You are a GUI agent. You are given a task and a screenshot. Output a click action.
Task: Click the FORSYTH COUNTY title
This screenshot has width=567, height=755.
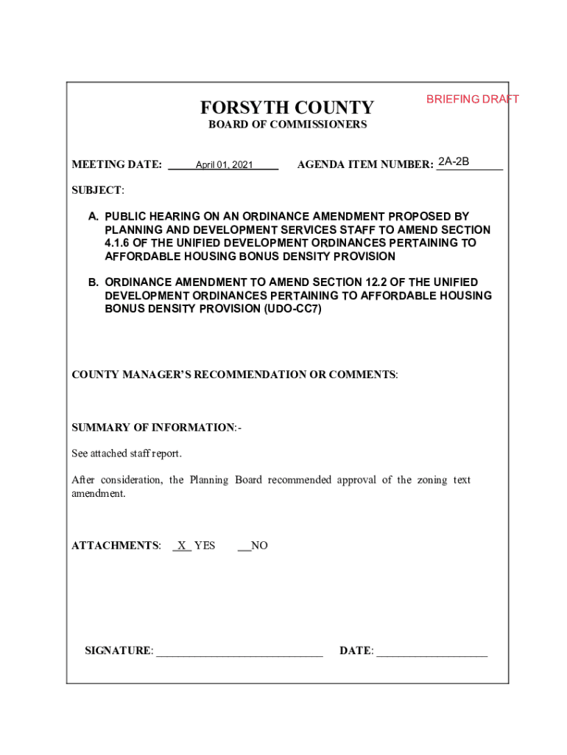pos(287,108)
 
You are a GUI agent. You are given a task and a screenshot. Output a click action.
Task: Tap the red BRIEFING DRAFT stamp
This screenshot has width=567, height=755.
pos(472,99)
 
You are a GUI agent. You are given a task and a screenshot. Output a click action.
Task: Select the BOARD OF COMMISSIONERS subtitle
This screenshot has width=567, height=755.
pos(287,125)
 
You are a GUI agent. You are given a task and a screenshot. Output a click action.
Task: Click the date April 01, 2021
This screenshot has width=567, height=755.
pos(224,165)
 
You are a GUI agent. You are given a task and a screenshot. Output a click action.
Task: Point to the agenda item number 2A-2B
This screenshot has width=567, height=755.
pos(454,161)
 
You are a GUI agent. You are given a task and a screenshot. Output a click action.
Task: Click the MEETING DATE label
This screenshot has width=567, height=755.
pos(116,164)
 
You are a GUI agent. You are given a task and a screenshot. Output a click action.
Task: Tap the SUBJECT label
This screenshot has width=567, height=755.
pos(97,190)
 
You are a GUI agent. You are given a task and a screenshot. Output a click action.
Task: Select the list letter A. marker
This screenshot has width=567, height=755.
pos(94,217)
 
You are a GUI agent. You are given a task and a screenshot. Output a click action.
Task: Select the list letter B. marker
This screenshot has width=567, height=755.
pos(94,282)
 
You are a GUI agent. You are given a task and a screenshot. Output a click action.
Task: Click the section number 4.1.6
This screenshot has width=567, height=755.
pos(119,243)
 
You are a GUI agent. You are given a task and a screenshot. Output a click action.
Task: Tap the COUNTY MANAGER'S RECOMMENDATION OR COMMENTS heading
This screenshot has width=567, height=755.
pos(234,375)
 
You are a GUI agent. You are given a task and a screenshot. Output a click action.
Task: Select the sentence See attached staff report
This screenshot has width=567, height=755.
pos(126,453)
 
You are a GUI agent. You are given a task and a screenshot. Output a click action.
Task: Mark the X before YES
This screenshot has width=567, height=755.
pos(181,546)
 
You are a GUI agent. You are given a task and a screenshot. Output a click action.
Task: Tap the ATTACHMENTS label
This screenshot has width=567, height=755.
pos(115,546)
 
